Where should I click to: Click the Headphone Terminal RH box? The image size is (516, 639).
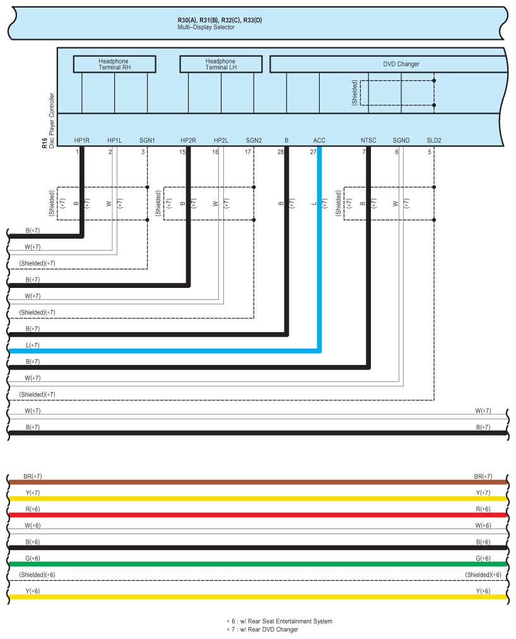coord(114,64)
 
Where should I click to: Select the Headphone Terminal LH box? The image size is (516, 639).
coord(221,64)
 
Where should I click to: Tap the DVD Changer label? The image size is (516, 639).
coord(401,64)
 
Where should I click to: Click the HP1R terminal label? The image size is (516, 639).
coord(82,140)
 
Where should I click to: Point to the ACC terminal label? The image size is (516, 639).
coord(319,140)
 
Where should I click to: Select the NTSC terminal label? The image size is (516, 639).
coord(368,140)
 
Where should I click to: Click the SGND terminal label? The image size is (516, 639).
coord(401,140)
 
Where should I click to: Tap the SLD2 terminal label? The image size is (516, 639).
coord(434,140)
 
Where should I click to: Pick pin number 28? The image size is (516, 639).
coord(281,152)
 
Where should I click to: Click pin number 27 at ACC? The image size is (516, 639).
coord(313,152)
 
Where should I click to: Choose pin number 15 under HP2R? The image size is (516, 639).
coord(182,152)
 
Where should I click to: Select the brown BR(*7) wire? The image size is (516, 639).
coord(252,482)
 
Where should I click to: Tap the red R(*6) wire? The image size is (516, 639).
coord(252,515)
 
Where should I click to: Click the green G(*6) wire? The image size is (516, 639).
coord(252,564)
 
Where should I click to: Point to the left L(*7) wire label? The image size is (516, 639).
coord(32,345)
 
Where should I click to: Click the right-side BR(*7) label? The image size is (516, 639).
coord(483,476)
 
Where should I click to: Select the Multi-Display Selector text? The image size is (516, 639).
coord(206,28)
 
